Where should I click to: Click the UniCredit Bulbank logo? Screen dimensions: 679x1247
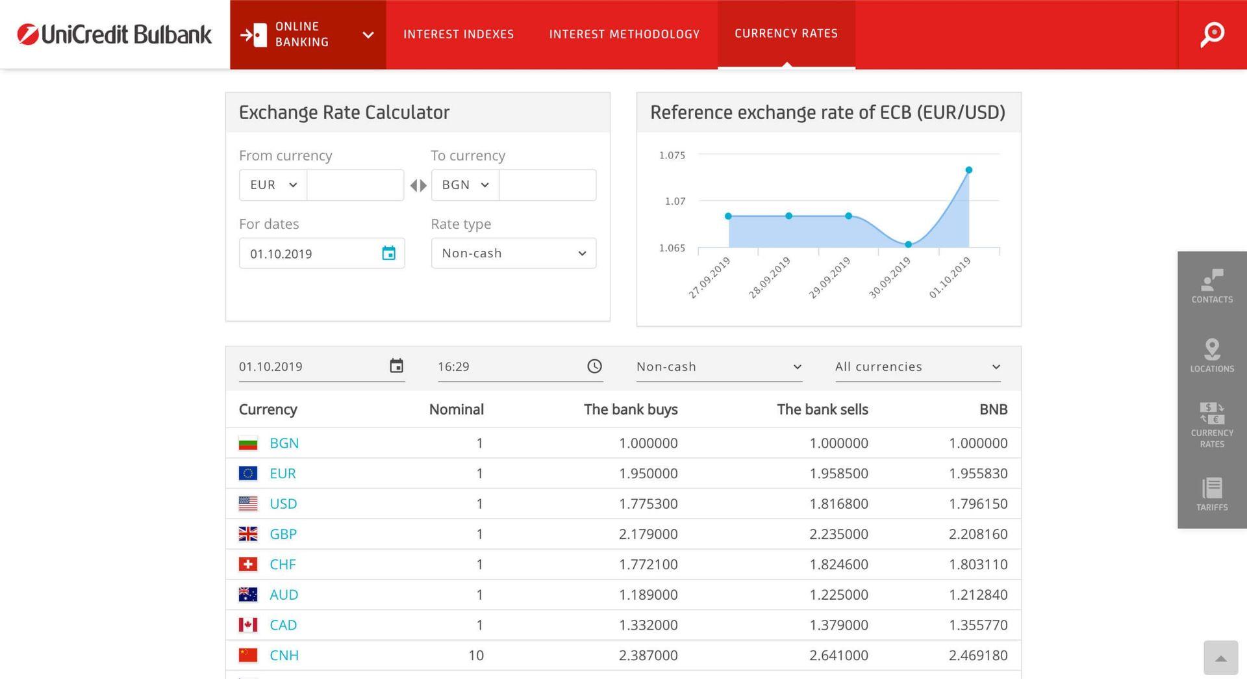(114, 34)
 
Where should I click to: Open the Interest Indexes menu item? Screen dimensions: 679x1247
(458, 34)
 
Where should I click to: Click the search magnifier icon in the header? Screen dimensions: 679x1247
(1212, 34)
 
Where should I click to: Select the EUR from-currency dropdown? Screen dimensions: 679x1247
(273, 185)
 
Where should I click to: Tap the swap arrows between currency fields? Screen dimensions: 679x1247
(418, 186)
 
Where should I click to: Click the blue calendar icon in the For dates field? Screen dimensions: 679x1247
(388, 253)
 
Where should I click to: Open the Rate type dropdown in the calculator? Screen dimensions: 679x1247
(513, 253)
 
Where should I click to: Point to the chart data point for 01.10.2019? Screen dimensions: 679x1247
(968, 170)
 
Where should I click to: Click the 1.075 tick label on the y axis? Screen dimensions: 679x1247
(672, 155)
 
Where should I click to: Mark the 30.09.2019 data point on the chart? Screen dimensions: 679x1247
(909, 244)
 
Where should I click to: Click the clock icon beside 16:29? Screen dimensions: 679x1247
(594, 366)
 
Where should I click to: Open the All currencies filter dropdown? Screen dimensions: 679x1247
(917, 366)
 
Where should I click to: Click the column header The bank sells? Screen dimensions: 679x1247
(822, 409)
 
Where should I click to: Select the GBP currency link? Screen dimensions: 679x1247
(283, 534)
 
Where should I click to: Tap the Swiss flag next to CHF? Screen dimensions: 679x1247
(248, 565)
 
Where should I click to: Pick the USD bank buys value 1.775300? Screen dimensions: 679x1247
(648, 504)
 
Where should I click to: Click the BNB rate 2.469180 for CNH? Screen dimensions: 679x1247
(977, 655)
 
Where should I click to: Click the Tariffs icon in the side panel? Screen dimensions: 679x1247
(1212, 488)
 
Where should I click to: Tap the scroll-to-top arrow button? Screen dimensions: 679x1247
(1220, 658)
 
